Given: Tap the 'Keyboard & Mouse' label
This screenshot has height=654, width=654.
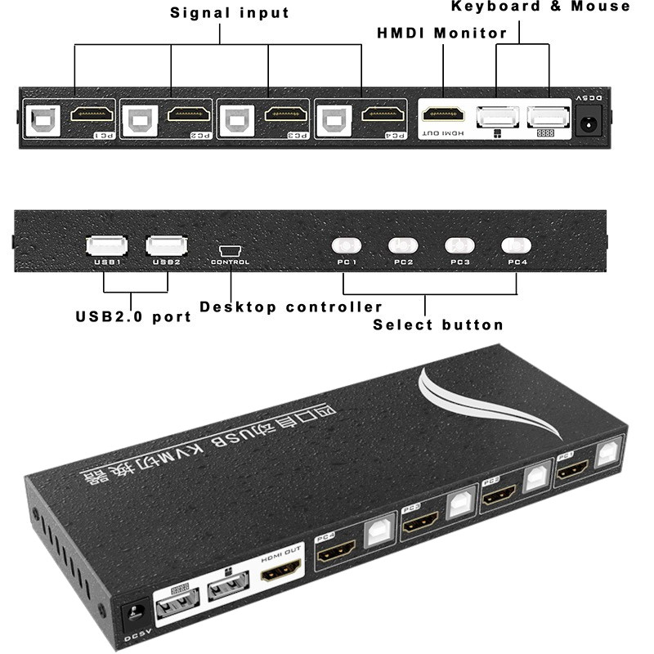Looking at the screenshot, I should click(541, 7).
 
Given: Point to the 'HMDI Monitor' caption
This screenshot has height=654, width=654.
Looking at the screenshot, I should click(441, 34).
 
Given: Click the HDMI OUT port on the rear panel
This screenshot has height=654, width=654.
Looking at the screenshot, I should click(442, 114).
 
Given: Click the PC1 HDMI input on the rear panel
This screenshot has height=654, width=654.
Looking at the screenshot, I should click(92, 114).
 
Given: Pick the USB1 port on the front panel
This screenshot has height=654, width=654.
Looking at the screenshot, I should click(107, 244).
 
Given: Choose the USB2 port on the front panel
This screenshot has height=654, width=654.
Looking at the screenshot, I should click(167, 244).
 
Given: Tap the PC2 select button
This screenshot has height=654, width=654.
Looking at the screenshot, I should click(403, 245).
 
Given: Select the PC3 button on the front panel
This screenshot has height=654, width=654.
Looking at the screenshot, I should click(459, 245).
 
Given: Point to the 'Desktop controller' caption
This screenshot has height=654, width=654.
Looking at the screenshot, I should click(291, 307).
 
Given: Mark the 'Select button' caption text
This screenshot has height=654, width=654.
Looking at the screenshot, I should click(438, 325).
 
